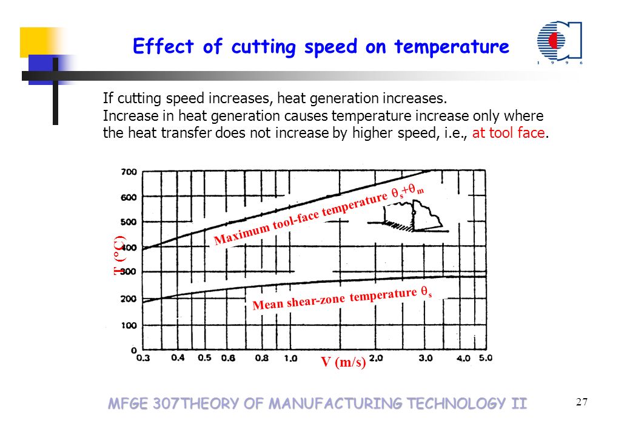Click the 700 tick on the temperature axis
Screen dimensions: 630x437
pyautogui.click(x=129, y=172)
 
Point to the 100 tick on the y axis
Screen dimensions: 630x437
pyautogui.click(x=129, y=325)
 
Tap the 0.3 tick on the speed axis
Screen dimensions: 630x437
pyautogui.click(x=143, y=358)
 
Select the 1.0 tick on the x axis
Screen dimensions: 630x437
pyautogui.click(x=290, y=358)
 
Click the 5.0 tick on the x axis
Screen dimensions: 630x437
pyautogui.click(x=485, y=358)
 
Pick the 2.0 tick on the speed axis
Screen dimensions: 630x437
pyautogui.click(x=376, y=358)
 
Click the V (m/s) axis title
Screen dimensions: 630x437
pyautogui.click(x=343, y=362)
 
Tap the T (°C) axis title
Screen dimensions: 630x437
pyautogui.click(x=119, y=256)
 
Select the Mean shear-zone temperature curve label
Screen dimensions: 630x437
pyautogui.click(x=342, y=298)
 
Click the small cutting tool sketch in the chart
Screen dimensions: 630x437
pyautogui.click(x=409, y=216)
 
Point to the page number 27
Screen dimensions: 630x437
pyautogui.click(x=581, y=402)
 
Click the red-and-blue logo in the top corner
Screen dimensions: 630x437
pyautogui.click(x=559, y=42)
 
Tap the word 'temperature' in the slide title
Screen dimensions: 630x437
pyautogui.click(x=452, y=47)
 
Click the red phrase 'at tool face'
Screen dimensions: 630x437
pyautogui.click(x=508, y=133)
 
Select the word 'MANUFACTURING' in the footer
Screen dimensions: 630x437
pyautogui.click(x=335, y=403)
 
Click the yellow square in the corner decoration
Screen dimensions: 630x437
pyautogui.click(x=39, y=42)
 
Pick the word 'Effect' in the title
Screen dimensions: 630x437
pyautogui.click(x=163, y=46)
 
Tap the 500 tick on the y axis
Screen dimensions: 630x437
pyautogui.click(x=129, y=222)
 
